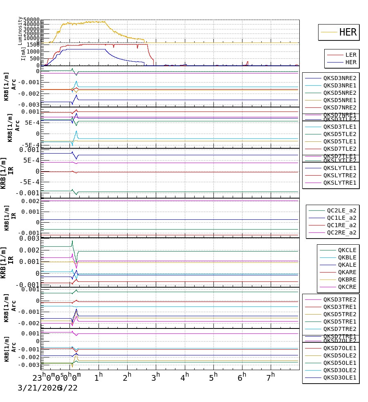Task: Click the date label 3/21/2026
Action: pyautogui.click(x=37, y=388)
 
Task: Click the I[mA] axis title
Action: pyautogui.click(x=23, y=54)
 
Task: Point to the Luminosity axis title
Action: pyautogui.click(x=20, y=31)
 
